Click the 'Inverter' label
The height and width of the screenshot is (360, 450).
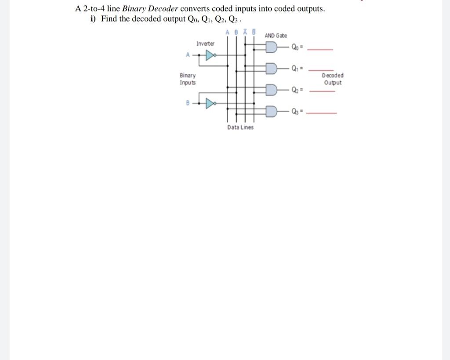click(x=205, y=44)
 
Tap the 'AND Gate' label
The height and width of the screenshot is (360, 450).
click(x=276, y=36)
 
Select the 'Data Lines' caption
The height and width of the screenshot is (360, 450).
click(x=240, y=127)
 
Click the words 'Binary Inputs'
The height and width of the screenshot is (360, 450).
click(x=188, y=79)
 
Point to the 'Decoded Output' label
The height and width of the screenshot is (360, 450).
click(x=333, y=79)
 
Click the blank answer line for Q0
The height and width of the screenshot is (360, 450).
click(x=320, y=50)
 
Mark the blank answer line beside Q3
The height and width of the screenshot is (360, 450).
click(x=321, y=114)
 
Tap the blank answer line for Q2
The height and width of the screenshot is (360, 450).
click(x=322, y=91)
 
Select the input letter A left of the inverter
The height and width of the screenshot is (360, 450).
click(x=188, y=55)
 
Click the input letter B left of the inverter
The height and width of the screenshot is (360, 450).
click(x=188, y=103)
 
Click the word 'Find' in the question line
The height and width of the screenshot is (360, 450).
click(x=109, y=19)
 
